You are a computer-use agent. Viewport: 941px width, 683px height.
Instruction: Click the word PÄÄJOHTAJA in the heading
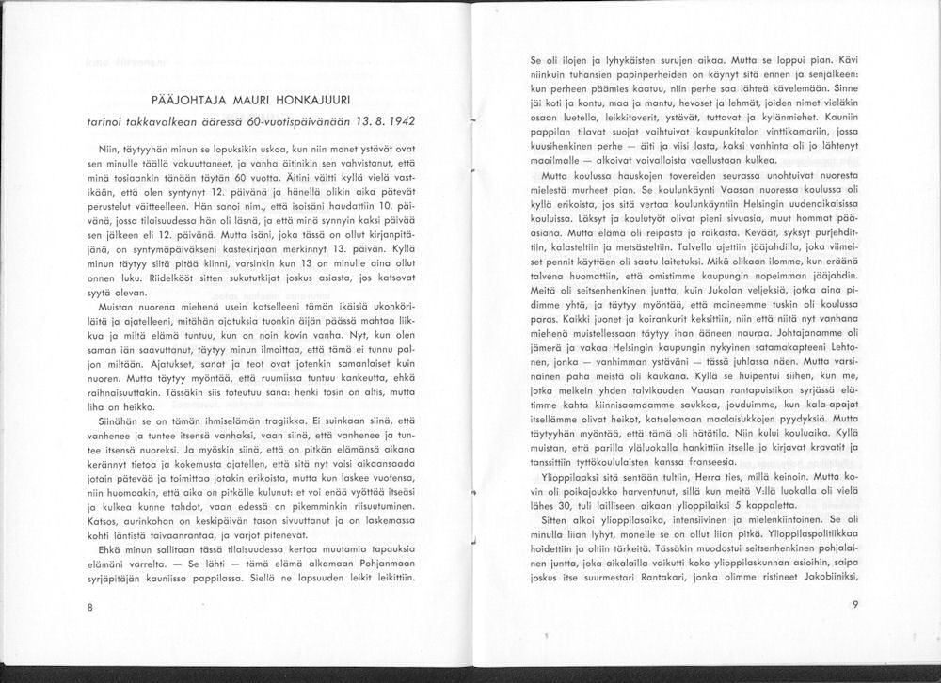click(x=187, y=102)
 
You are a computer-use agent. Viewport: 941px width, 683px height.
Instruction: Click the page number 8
click(x=89, y=607)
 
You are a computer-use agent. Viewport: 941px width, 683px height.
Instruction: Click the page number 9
click(x=854, y=604)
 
